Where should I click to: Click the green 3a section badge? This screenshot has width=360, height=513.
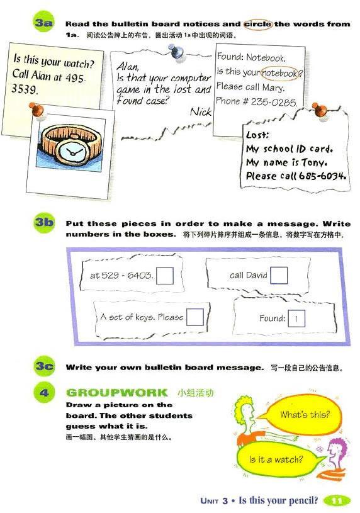coord(44,22)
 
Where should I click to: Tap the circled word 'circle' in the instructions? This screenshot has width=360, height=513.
coord(258,24)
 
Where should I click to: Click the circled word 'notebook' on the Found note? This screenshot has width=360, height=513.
coord(280,73)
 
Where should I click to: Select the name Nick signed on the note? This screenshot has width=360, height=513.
coord(201,112)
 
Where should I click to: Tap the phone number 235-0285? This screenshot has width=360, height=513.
coord(274,102)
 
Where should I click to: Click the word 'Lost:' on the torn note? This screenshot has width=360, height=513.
coord(257,135)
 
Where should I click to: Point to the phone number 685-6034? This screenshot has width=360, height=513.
coord(322,176)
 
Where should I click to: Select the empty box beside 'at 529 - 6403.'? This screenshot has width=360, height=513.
coord(165,276)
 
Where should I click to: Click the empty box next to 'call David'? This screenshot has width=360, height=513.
coord(279,275)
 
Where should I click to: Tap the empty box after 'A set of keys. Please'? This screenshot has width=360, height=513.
coord(195,317)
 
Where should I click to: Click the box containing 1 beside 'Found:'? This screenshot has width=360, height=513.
coord(296,319)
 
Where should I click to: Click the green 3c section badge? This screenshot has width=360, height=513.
coord(44,366)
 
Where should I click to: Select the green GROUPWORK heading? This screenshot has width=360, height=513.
coord(117,392)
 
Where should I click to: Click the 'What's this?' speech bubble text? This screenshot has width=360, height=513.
coord(305,415)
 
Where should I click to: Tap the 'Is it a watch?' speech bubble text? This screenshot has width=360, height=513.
coord(276,459)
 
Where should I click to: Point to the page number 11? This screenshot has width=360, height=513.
coord(337,500)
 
